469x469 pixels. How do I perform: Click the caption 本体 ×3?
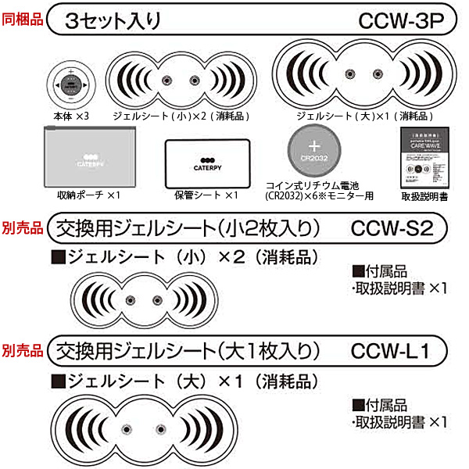coord(71,115)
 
